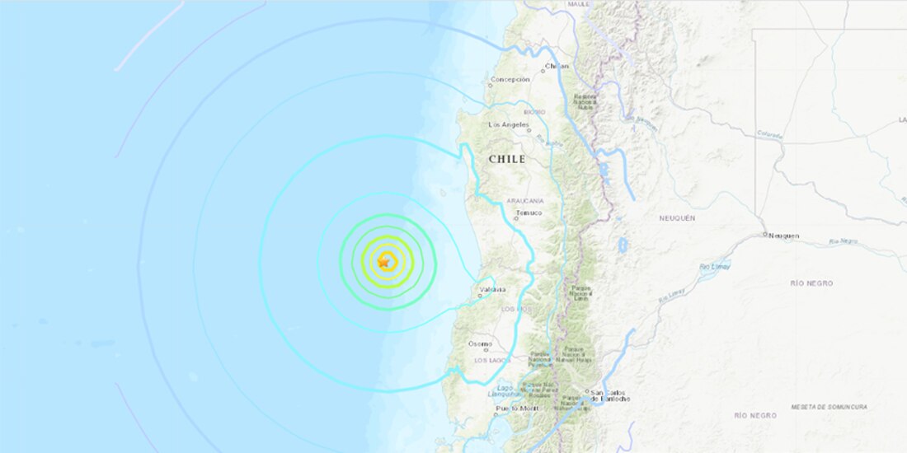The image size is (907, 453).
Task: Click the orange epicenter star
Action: [x=384, y=262]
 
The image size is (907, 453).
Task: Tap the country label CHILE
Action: [x=506, y=160]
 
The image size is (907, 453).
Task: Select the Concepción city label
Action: [x=510, y=80]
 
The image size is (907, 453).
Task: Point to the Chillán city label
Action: [x=557, y=66]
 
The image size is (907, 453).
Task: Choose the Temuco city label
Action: [x=529, y=212]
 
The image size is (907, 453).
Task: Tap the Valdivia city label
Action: [x=493, y=289]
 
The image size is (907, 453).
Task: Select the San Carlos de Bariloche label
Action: [x=609, y=395]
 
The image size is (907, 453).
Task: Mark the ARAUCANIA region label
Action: [x=525, y=200]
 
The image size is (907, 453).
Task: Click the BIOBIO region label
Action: [x=534, y=111]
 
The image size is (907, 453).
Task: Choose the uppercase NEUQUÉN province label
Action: [x=677, y=217]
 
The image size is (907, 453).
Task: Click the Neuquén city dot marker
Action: [x=766, y=235]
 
